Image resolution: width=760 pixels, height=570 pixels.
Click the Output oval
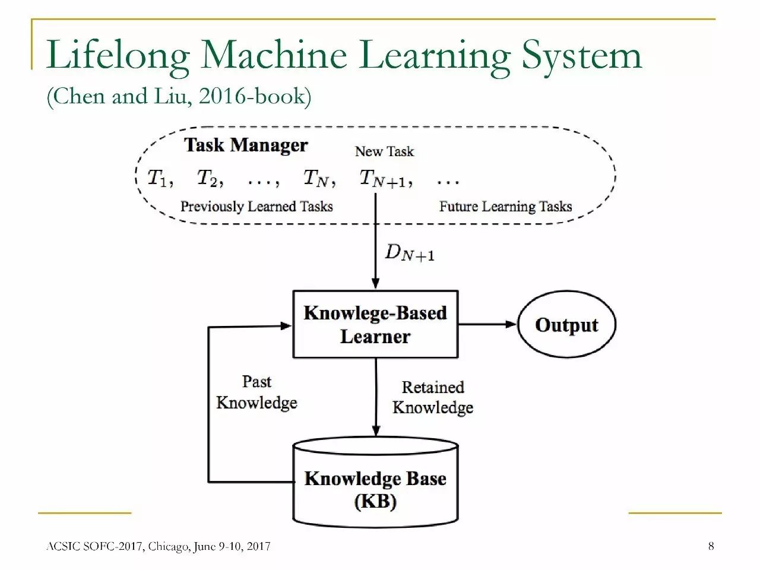click(566, 325)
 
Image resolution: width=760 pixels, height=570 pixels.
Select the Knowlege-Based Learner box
click(375, 324)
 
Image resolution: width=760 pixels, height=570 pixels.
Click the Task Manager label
click(246, 145)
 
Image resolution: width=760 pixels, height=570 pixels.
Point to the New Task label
click(384, 151)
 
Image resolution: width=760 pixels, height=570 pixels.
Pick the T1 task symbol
click(159, 178)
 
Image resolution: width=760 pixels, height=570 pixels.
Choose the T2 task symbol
click(209, 178)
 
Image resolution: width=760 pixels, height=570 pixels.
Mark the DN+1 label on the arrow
click(410, 253)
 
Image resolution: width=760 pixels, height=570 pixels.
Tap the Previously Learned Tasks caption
click(256, 207)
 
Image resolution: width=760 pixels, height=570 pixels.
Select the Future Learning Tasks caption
click(505, 207)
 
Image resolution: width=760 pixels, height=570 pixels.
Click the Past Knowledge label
click(256, 392)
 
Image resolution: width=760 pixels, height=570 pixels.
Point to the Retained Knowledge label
click(433, 397)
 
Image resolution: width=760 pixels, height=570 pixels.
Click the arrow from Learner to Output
click(487, 324)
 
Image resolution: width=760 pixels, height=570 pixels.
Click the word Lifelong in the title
click(118, 56)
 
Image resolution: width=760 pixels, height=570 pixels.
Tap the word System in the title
click(581, 56)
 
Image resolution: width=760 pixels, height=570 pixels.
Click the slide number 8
click(711, 546)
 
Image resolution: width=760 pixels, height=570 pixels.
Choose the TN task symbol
click(318, 178)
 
